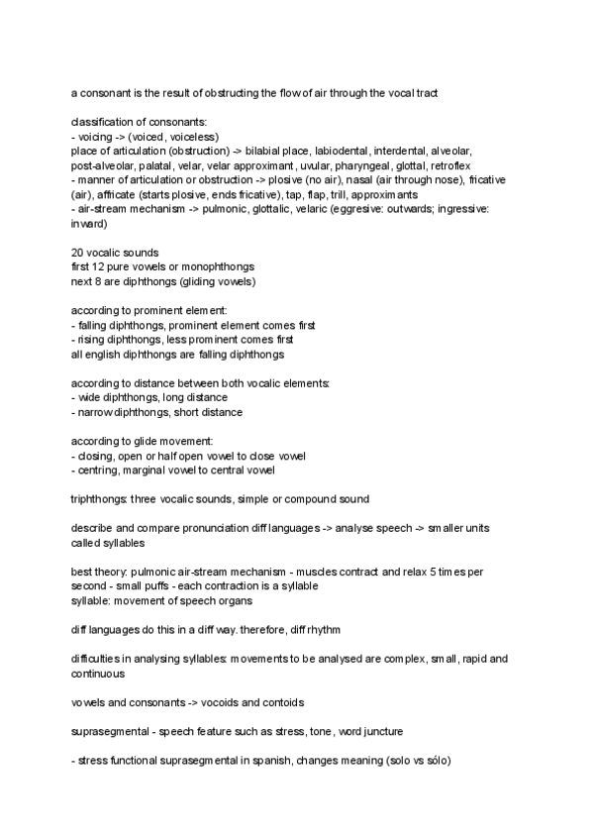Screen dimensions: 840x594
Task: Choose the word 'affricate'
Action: point(118,196)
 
